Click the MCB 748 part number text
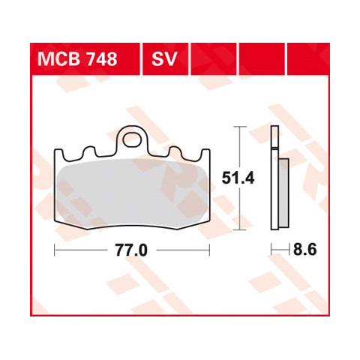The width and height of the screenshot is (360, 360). click(77, 59)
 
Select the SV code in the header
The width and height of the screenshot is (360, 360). click(164, 59)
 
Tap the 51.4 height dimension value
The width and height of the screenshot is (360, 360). click(238, 178)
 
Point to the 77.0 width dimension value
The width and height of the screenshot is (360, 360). click(131, 250)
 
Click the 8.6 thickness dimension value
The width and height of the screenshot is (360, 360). click(305, 249)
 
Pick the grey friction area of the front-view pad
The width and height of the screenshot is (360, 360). click(132, 193)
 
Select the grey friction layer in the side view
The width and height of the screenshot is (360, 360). click(283, 193)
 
